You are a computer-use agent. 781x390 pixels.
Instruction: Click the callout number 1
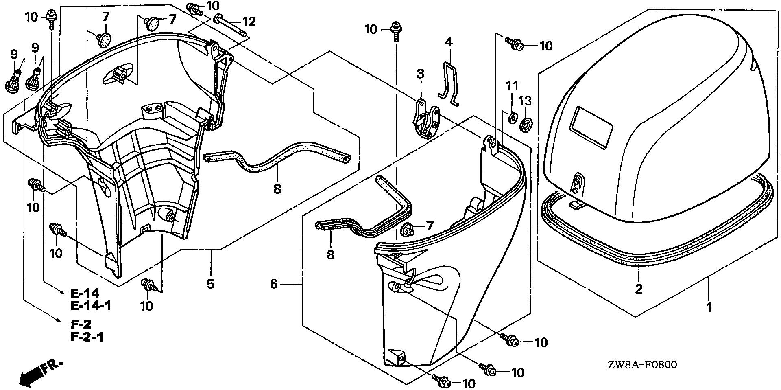click(709, 307)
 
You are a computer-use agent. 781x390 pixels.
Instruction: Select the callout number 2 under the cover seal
click(639, 289)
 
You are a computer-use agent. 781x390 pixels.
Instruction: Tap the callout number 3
click(420, 74)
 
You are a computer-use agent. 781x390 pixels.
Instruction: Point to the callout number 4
click(448, 42)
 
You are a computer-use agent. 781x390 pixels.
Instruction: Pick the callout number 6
click(274, 284)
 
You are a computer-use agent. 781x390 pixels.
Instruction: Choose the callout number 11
click(512, 86)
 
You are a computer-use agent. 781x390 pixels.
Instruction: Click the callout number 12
click(249, 22)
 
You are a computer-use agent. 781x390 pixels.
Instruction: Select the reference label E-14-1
click(90, 305)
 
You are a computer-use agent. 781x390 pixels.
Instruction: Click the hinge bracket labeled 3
click(425, 120)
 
